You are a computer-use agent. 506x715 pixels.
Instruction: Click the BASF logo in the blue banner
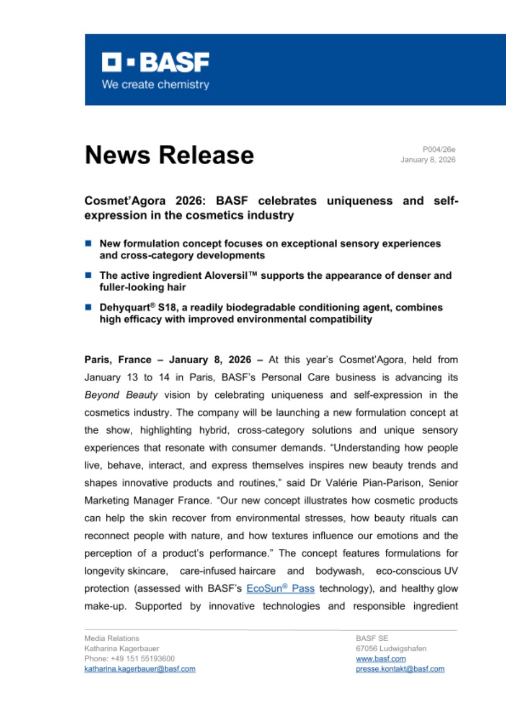pyautogui.click(x=155, y=63)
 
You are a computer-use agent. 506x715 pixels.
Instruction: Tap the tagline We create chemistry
pyautogui.click(x=155, y=85)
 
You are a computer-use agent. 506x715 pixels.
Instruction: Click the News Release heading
pyautogui.click(x=169, y=155)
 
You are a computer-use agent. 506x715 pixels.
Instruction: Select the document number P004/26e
pyautogui.click(x=439, y=150)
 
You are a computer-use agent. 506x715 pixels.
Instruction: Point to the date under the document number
pyautogui.click(x=428, y=160)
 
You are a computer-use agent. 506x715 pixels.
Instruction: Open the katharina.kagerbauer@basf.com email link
pyautogui.click(x=140, y=669)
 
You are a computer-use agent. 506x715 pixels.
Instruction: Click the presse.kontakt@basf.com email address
pyautogui.click(x=400, y=669)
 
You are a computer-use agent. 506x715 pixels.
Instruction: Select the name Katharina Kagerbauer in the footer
pyautogui.click(x=121, y=649)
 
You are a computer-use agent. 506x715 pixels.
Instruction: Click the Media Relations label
pyautogui.click(x=112, y=638)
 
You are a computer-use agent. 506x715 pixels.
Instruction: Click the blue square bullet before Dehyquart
pyautogui.click(x=88, y=307)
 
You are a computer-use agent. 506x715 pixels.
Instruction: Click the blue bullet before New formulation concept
pyautogui.click(x=88, y=244)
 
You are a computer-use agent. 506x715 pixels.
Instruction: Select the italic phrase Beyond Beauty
pyautogui.click(x=121, y=395)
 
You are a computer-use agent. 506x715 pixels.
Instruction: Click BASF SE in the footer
pyautogui.click(x=372, y=638)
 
